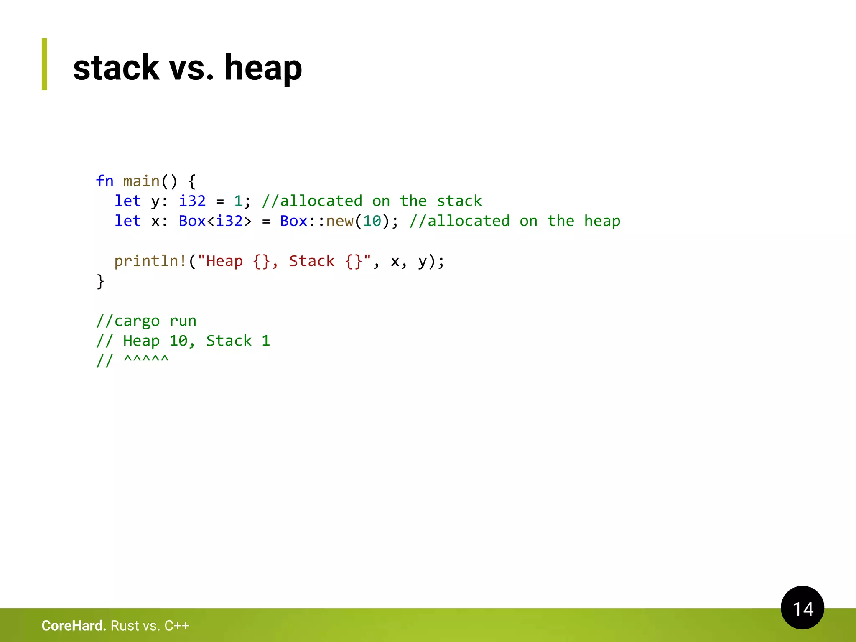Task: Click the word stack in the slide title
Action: (x=116, y=68)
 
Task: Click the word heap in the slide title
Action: (x=263, y=68)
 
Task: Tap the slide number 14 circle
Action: (x=802, y=608)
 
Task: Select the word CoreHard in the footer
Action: (x=74, y=626)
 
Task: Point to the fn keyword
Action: (x=104, y=181)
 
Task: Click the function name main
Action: (x=141, y=181)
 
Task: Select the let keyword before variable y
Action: (x=127, y=201)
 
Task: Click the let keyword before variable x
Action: (x=127, y=221)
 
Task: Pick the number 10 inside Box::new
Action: (x=372, y=221)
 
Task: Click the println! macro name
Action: (x=150, y=261)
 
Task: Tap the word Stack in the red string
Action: (x=312, y=261)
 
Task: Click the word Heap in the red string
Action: (x=224, y=261)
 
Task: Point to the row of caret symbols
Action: (x=146, y=359)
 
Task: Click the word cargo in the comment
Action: (x=137, y=321)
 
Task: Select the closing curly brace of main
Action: (x=100, y=281)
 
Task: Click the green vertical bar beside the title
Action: (x=44, y=64)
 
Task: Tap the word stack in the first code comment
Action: (x=459, y=201)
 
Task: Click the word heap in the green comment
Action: (x=602, y=221)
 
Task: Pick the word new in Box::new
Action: (x=340, y=221)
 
